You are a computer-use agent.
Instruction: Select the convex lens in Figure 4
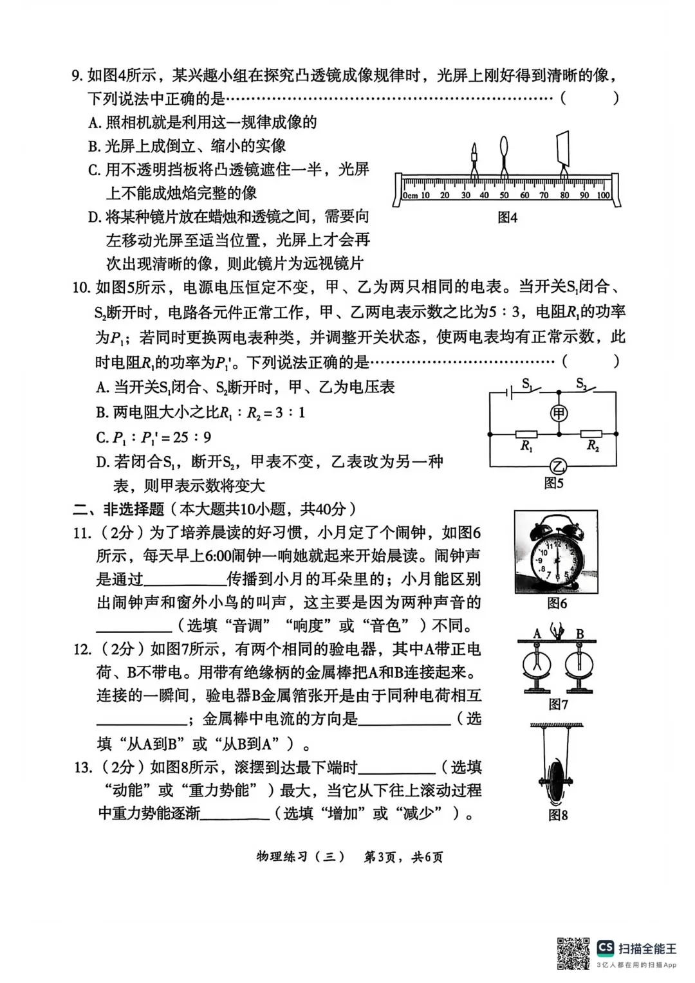[x=505, y=153]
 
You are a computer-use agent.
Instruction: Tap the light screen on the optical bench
[x=563, y=149]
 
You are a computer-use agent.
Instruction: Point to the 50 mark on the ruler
[x=504, y=196]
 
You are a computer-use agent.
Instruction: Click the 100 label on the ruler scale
[x=603, y=196]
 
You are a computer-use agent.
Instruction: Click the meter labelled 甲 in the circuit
[x=559, y=413]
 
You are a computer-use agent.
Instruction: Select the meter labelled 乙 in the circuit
[x=559, y=466]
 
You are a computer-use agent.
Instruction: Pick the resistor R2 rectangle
[x=591, y=434]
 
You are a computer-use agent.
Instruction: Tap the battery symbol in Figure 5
[x=510, y=391]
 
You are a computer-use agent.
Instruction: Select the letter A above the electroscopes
[x=537, y=634]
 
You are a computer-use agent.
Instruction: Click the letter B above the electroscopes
[x=580, y=634]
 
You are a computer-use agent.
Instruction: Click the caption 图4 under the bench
[x=507, y=218]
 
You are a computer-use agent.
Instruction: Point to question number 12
[x=82, y=649]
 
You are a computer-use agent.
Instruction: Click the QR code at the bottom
[x=573, y=953]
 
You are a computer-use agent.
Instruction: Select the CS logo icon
[x=605, y=947]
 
